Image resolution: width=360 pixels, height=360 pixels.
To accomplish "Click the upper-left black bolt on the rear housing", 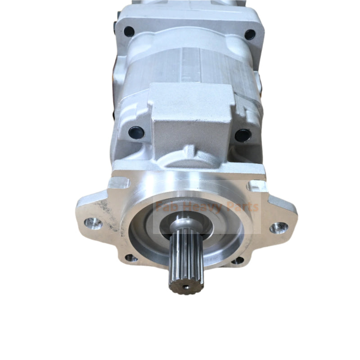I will tap(129, 31).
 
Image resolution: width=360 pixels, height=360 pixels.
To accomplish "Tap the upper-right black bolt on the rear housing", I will tap(249, 34).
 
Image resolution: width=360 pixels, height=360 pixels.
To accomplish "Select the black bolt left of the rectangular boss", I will tap(136, 133).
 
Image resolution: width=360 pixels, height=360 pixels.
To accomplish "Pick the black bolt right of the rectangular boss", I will tap(243, 135).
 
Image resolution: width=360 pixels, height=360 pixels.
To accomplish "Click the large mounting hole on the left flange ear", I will tap(94, 222).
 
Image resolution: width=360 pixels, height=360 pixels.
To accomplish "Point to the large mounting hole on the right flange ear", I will tap(279, 227).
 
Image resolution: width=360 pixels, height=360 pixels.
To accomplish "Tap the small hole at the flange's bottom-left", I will tap(131, 258).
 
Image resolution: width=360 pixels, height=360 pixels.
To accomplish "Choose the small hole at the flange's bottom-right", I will tap(238, 260).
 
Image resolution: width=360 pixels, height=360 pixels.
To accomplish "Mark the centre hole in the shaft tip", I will tap(186, 285).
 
